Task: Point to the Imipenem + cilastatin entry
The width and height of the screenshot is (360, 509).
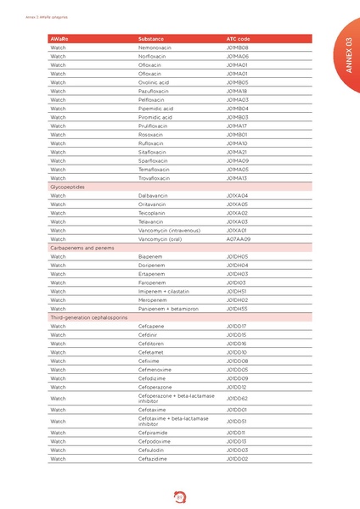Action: (165, 291)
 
